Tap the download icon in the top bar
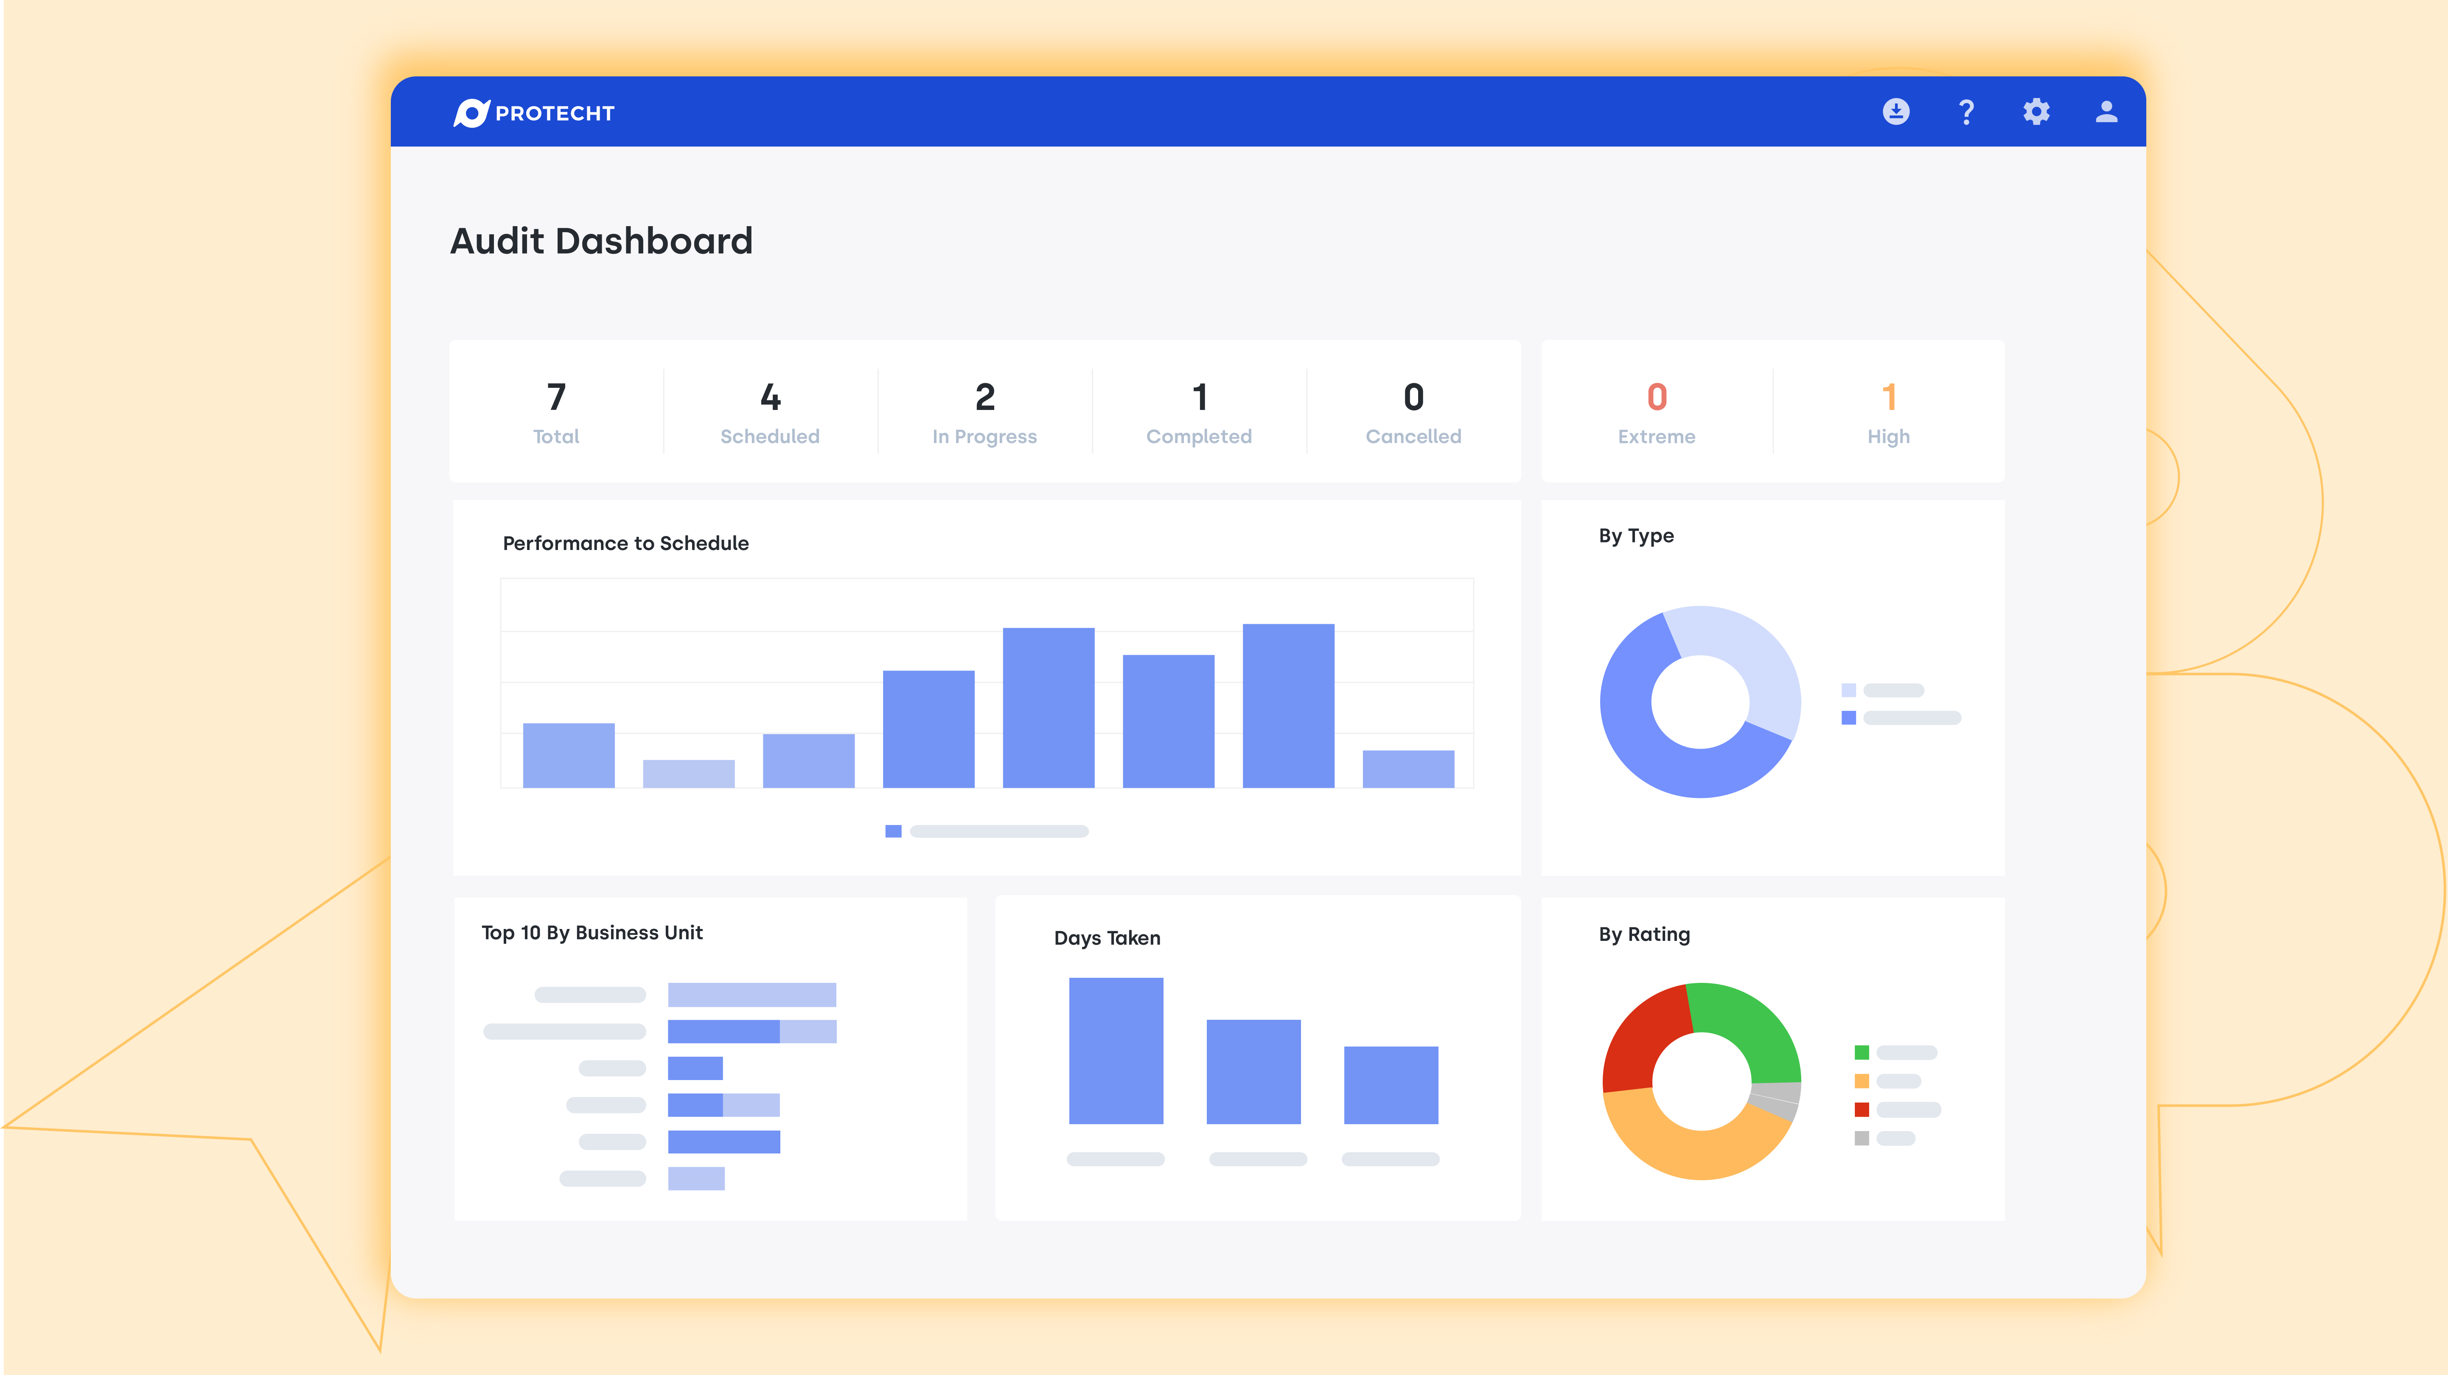click(x=1896, y=112)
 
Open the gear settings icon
click(x=2036, y=112)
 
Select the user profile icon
click(x=2106, y=112)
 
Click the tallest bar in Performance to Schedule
click(x=1288, y=705)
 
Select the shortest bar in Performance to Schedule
click(x=688, y=774)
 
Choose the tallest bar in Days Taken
click(x=1116, y=1050)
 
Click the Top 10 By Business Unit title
click(x=592, y=933)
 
